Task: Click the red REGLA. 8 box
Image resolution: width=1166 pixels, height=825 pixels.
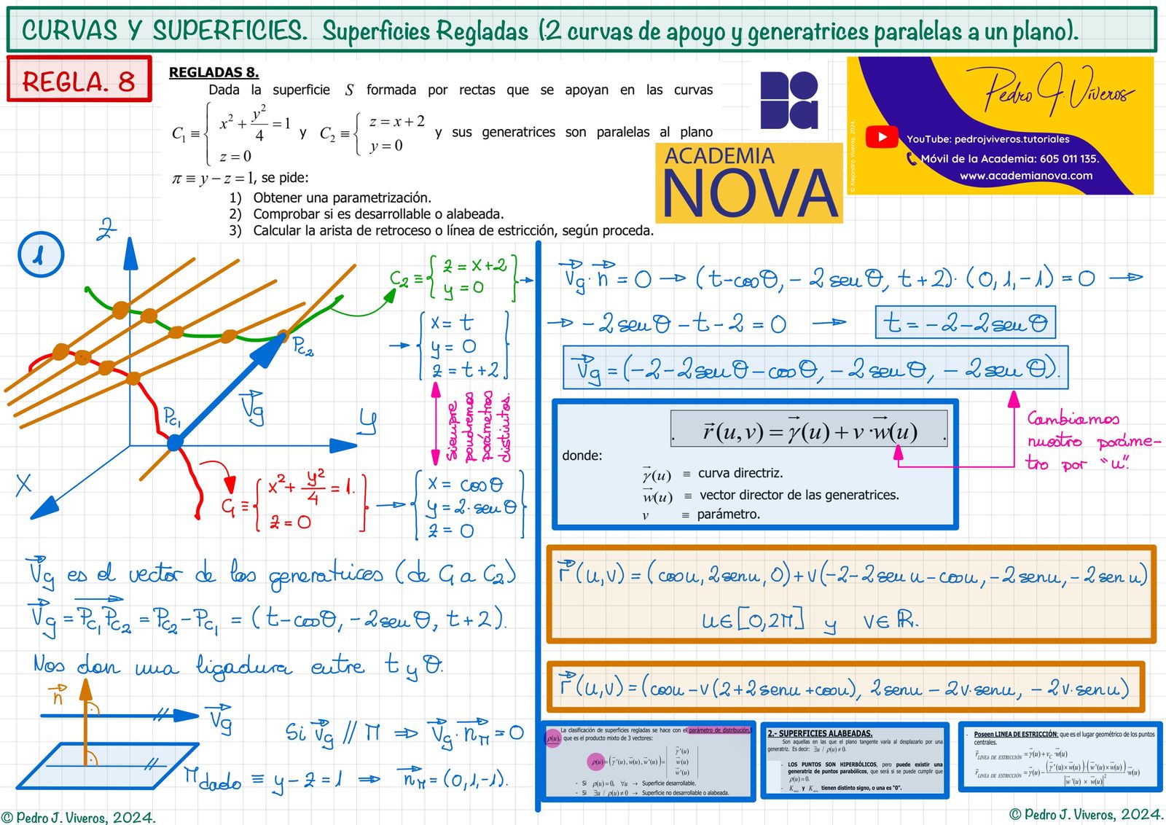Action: point(79,79)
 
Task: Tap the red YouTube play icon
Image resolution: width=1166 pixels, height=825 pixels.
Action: point(882,136)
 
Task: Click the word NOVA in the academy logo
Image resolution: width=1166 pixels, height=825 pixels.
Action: point(749,193)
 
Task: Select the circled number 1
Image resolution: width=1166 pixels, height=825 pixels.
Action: point(41,254)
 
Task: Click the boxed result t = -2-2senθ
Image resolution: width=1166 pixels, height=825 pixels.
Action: point(965,322)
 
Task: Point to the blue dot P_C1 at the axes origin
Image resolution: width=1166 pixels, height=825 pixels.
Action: point(175,442)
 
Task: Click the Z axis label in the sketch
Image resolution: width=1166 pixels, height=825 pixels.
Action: point(106,230)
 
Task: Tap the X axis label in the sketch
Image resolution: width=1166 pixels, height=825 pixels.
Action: point(23,484)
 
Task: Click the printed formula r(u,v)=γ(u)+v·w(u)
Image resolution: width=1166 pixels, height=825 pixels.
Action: point(809,431)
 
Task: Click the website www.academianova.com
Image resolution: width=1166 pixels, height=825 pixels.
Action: point(1025,176)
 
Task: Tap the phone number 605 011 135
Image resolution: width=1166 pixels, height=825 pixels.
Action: point(1069,158)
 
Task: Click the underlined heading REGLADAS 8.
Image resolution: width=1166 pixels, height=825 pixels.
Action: point(214,72)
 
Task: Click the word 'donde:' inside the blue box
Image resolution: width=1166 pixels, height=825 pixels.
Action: point(582,455)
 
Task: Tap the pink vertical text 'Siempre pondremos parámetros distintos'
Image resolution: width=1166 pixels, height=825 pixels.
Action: point(477,430)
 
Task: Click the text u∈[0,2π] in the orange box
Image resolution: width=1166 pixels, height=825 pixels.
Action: point(753,620)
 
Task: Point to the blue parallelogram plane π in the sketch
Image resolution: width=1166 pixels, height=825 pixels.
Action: point(109,765)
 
